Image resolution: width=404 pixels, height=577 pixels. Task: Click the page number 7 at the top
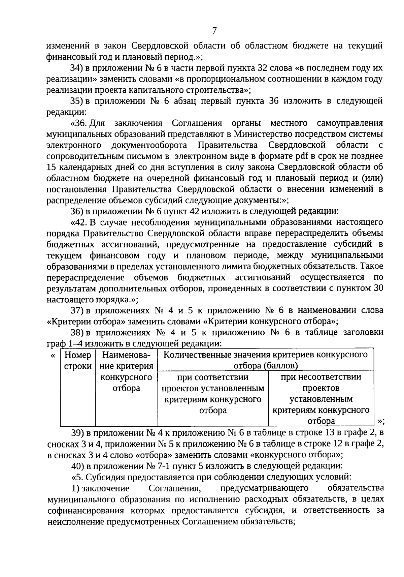click(x=214, y=31)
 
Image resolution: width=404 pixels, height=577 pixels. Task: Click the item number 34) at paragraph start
click(x=76, y=68)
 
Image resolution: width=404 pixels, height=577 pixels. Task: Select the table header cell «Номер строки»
click(x=78, y=361)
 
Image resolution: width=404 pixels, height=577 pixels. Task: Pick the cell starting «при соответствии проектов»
click(x=213, y=393)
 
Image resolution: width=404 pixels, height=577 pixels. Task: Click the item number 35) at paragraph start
click(x=76, y=101)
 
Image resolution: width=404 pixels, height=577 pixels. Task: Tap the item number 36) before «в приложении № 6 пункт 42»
click(x=76, y=211)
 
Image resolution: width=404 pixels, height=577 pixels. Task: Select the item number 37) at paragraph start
click(x=76, y=310)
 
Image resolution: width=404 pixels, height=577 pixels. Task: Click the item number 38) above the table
click(x=76, y=333)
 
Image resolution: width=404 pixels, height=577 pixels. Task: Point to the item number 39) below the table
click(x=76, y=432)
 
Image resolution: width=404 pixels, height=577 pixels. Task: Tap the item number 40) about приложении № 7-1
click(x=76, y=466)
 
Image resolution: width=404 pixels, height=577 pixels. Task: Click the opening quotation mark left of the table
click(x=53, y=356)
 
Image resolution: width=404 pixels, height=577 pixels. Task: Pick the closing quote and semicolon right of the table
click(x=381, y=421)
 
